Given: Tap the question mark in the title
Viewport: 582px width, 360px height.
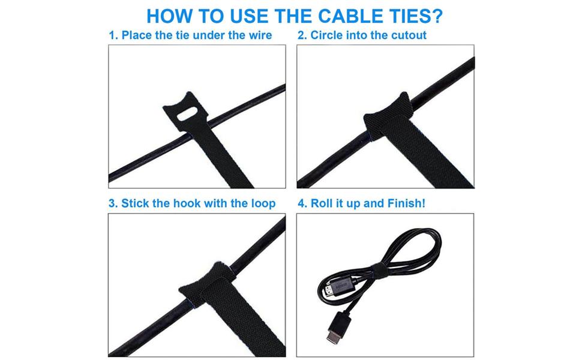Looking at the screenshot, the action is pyautogui.click(x=437, y=16).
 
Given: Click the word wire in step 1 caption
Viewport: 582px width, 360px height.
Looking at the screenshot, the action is pyautogui.click(x=260, y=35).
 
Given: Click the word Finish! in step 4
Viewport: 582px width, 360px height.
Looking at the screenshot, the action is pyautogui.click(x=406, y=203).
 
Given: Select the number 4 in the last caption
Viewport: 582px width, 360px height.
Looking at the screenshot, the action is pyautogui.click(x=302, y=204).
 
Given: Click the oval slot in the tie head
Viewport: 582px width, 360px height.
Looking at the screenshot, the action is pyautogui.click(x=188, y=113).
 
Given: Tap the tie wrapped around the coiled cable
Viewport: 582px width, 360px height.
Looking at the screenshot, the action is pyautogui.click(x=379, y=271).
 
